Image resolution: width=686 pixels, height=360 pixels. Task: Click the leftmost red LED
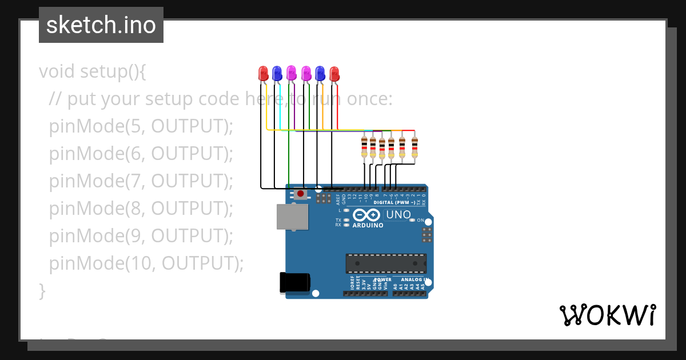pos(263,73)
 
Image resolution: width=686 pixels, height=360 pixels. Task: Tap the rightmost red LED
pos(334,73)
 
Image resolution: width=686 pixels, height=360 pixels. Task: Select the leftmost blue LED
pos(277,73)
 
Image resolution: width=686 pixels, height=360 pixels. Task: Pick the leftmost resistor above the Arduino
pos(365,147)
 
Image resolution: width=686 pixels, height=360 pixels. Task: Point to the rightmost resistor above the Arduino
pos(414,147)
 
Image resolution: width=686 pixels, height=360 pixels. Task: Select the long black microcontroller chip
pos(386,263)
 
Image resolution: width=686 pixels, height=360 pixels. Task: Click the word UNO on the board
pos(398,215)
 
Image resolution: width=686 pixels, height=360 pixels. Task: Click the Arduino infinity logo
pos(366,215)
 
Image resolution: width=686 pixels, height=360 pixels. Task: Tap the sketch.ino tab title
pos(101,25)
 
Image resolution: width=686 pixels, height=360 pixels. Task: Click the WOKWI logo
pos(607,315)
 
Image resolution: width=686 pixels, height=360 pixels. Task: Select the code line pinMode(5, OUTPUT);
pos(141,126)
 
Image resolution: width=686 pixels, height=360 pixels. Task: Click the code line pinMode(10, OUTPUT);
pos(146,263)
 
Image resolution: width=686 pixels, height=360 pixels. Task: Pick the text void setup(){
pos(93,72)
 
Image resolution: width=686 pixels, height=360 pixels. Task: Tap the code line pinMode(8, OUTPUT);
pos(141,209)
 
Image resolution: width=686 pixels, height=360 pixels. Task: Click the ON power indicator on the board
pos(420,220)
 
